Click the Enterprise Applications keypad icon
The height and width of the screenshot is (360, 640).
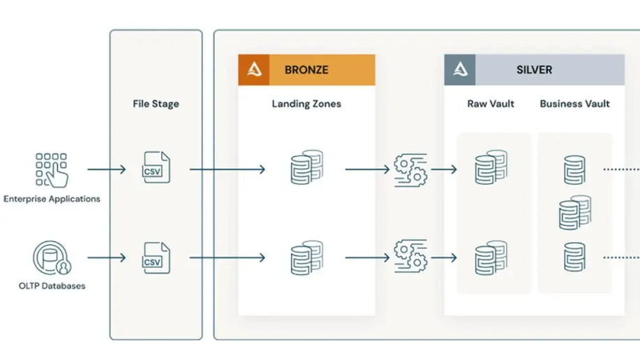52,170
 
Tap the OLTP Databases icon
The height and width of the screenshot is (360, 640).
52,258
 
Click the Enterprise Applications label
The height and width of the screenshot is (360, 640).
52,199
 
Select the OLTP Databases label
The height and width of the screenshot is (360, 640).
52,286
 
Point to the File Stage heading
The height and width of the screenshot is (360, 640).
156,104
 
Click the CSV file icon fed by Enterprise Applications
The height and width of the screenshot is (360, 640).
156,167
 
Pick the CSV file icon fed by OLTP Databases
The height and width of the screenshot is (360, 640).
156,258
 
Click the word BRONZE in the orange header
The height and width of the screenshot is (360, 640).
306,70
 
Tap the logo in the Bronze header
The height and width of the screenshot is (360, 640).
254,70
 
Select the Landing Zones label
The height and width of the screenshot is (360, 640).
306,104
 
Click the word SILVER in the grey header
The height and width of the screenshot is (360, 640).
535,70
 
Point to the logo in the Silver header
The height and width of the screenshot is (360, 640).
460,70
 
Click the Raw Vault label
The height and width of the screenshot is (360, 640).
491,104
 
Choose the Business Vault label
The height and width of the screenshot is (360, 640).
574,104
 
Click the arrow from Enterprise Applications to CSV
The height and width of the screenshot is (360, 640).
107,169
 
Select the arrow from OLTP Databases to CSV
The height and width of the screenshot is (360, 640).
107,257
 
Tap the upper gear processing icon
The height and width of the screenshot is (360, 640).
410,170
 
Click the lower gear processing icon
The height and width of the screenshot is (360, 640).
410,256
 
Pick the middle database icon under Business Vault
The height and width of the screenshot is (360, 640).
575,213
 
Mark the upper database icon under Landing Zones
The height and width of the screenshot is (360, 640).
307,167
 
